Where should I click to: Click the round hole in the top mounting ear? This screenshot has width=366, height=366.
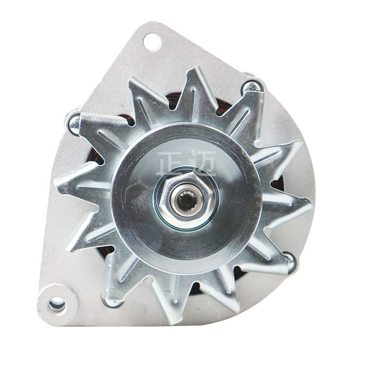[x=152, y=42]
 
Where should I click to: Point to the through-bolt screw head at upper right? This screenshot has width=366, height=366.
[x=252, y=87]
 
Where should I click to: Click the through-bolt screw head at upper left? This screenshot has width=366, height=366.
[x=75, y=124]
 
